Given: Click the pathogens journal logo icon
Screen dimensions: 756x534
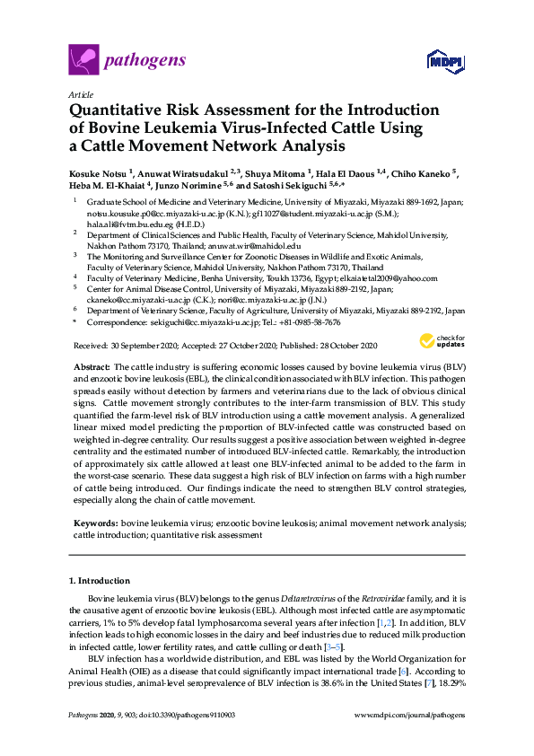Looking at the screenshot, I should pos(83,61).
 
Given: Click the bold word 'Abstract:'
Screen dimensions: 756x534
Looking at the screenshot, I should pos(91,367).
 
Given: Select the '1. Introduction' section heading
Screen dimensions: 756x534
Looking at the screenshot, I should pos(99,581).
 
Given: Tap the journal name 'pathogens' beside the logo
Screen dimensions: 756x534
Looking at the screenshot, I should pos(145,61).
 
